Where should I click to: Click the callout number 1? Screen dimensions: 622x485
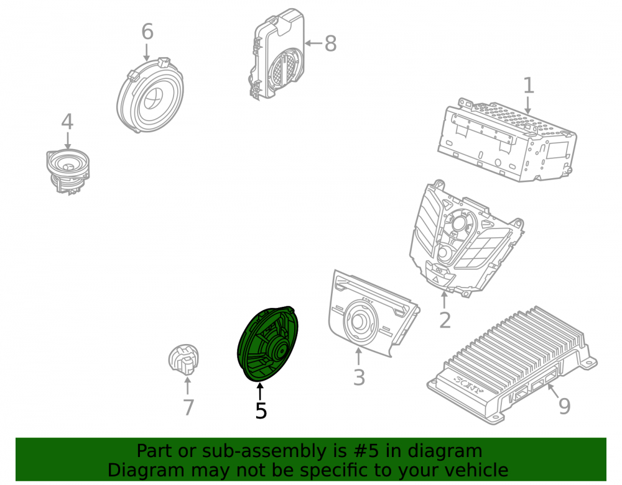[528, 86]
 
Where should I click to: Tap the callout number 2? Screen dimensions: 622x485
[445, 320]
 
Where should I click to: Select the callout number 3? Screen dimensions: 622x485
[359, 377]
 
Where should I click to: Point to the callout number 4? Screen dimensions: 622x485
[67, 122]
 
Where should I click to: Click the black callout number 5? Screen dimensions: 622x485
[261, 410]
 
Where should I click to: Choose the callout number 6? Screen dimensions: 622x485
[147, 31]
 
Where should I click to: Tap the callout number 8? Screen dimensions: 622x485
[330, 43]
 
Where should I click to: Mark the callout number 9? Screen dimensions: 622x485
[564, 406]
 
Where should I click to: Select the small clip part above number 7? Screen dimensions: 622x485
[183, 359]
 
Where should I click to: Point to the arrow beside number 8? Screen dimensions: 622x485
[313, 43]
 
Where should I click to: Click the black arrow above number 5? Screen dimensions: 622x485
[260, 392]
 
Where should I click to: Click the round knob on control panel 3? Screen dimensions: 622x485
[360, 321]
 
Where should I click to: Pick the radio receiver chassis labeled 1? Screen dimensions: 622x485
[508, 140]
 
